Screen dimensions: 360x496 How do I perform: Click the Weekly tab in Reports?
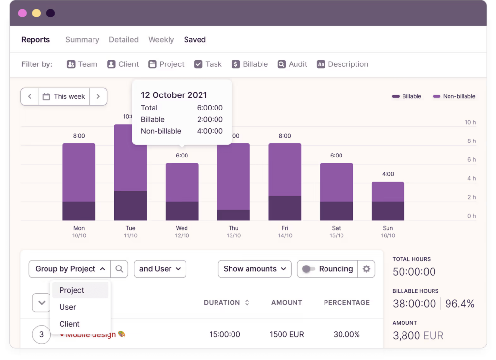tap(161, 40)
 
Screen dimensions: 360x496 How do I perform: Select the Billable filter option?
tap(249, 64)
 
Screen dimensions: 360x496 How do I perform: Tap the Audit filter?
tap(292, 64)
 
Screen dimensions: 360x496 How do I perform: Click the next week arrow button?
tap(98, 96)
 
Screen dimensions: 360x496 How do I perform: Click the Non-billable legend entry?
tap(454, 96)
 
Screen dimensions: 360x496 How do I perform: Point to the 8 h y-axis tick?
tap(470, 141)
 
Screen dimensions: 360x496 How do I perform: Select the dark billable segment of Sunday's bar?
tap(387, 211)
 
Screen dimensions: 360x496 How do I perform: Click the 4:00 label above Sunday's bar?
tap(388, 174)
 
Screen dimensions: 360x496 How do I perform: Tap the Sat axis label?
tap(336, 228)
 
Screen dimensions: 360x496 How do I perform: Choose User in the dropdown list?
tap(68, 307)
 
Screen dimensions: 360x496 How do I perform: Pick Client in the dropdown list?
tap(70, 324)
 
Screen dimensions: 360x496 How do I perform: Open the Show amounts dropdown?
tap(255, 269)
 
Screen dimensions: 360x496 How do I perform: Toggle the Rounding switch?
tap(309, 269)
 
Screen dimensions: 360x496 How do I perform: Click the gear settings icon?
tap(366, 269)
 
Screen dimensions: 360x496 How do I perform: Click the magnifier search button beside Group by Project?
tap(120, 269)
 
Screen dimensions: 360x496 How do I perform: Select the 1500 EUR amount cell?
tap(286, 334)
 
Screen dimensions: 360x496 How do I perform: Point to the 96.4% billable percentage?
tap(460, 304)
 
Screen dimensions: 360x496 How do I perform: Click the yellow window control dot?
tap(36, 13)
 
